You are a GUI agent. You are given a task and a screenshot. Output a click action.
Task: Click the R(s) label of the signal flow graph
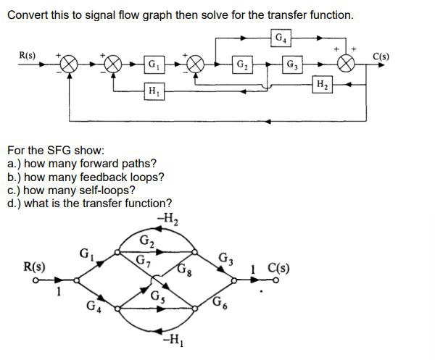(34, 266)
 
